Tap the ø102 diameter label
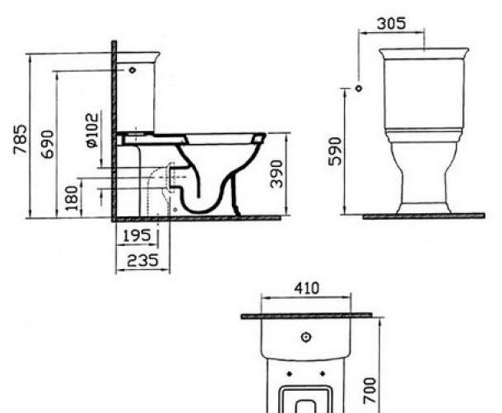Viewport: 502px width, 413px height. pyautogui.click(x=92, y=129)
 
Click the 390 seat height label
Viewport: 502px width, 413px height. pyautogui.click(x=277, y=174)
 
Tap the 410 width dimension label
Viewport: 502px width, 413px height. pyautogui.click(x=306, y=290)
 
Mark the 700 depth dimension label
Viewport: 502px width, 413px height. pyautogui.click(x=370, y=385)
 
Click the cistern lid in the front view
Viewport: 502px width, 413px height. pyautogui.click(x=423, y=53)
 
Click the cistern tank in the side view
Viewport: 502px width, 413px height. pyautogui.click(x=137, y=95)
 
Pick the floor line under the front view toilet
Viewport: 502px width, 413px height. pyautogui.click(x=423, y=216)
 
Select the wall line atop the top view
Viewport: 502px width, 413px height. pyautogui.click(x=306, y=315)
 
